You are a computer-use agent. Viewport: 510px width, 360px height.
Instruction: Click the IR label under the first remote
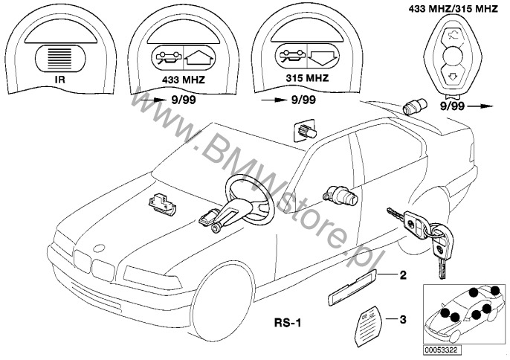coord(60,80)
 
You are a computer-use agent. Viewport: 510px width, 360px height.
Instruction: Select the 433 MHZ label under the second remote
coord(184,80)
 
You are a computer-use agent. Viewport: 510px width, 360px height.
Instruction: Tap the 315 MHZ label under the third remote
coord(307,78)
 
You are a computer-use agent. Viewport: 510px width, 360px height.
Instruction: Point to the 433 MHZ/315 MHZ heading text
coord(453,9)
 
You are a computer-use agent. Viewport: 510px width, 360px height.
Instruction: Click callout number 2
coord(403,275)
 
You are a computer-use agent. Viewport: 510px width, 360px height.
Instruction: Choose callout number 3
coord(403,320)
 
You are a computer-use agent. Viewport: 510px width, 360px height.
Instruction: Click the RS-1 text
coord(288,323)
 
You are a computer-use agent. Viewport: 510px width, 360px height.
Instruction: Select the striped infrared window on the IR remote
coord(60,58)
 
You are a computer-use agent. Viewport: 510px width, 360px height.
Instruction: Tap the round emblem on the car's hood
coord(99,248)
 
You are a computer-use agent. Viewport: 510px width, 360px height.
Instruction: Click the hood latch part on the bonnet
coord(161,204)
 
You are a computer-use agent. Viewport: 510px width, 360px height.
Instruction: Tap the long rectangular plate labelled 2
coord(351,287)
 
